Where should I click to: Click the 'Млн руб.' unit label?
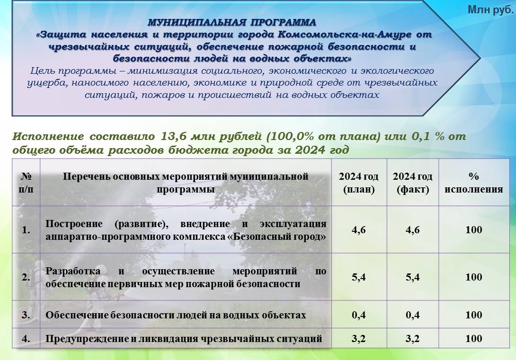[490, 10]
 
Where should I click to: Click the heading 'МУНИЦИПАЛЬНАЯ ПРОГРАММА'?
[232, 22]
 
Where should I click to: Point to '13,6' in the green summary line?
[172, 136]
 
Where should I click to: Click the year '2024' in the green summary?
[309, 150]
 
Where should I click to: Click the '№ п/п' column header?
[26, 183]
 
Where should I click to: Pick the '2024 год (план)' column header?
[359, 183]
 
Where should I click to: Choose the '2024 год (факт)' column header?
[413, 183]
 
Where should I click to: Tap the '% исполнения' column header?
[473, 183]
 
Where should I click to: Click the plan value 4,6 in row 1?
[359, 230]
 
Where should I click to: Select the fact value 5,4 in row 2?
[413, 277]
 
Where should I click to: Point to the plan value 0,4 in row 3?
[359, 315]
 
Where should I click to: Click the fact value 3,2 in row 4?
[413, 339]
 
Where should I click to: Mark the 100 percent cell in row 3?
[473, 315]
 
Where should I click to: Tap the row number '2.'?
[26, 277]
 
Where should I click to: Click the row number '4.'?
[26, 339]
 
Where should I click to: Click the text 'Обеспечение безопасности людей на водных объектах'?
[176, 315]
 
